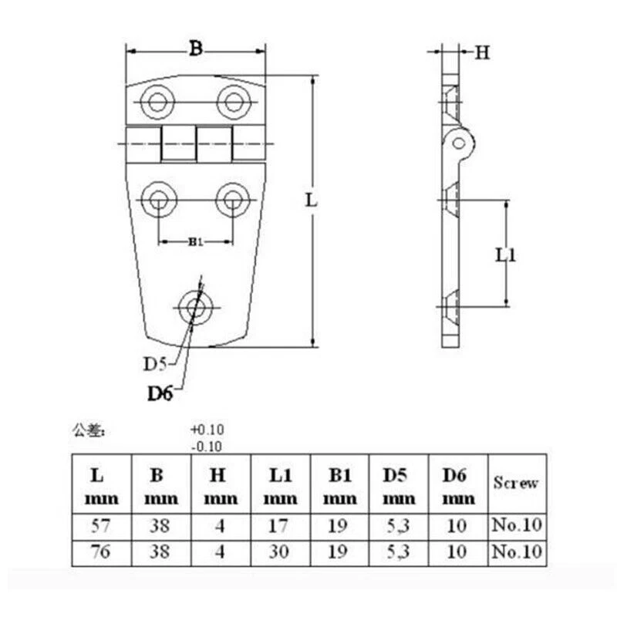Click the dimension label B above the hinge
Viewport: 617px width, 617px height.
(195, 49)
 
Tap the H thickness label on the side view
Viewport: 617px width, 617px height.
(482, 52)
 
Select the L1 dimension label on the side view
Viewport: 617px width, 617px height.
(506, 255)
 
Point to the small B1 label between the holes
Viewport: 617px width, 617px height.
(195, 242)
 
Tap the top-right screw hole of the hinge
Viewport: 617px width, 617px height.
(232, 101)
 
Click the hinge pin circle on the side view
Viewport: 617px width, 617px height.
(461, 142)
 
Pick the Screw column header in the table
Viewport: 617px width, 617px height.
(516, 484)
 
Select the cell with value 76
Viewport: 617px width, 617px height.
(100, 552)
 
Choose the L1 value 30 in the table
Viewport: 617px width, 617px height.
(280, 552)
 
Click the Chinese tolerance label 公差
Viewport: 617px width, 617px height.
(87, 430)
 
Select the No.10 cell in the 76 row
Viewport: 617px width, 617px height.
(516, 552)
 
